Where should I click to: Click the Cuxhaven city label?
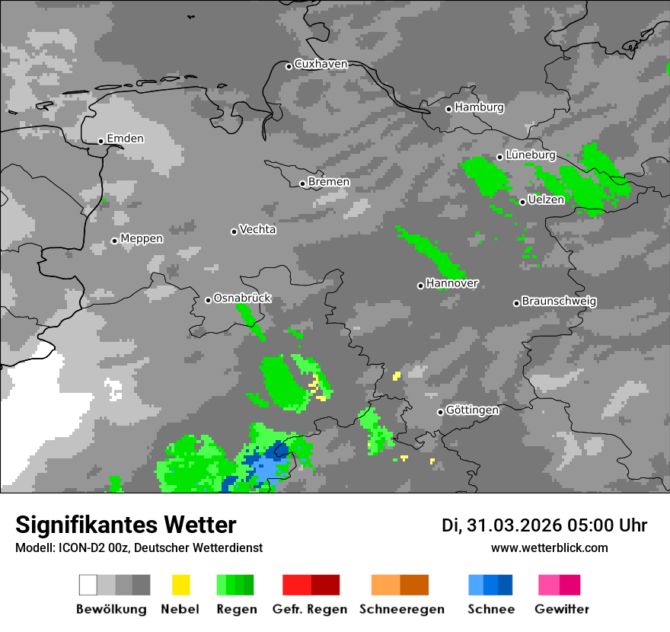(321, 65)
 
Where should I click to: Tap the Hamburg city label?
(479, 107)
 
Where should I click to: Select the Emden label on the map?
(125, 139)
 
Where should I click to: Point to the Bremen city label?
(329, 182)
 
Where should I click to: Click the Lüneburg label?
(531, 155)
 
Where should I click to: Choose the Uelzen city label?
(546, 199)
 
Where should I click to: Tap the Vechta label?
(257, 229)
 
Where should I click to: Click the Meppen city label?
(142, 239)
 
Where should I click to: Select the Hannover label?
(452, 283)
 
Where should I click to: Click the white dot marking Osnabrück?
(208, 300)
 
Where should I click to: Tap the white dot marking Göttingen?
(440, 412)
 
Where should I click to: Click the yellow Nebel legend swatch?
(180, 585)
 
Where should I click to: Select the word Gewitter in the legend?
(562, 609)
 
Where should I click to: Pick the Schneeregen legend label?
(402, 609)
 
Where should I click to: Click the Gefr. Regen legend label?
(310, 609)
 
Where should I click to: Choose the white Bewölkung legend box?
(88, 585)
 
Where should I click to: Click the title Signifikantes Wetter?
(126, 525)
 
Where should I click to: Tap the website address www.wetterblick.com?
(549, 548)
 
